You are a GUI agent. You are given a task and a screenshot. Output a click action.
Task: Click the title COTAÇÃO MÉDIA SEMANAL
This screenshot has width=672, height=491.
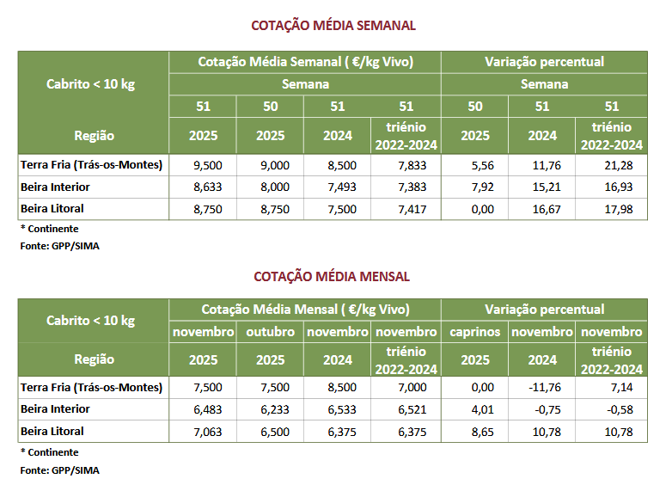coord(333,26)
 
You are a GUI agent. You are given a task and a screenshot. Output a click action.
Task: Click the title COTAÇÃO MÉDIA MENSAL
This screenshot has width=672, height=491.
coord(332,277)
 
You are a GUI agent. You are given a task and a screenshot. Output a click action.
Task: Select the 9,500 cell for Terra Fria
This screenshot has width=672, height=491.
coord(202,165)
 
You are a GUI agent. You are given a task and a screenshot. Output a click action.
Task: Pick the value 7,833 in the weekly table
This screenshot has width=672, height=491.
coord(406,165)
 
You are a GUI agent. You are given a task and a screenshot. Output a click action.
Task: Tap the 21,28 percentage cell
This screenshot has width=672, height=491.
coord(611,165)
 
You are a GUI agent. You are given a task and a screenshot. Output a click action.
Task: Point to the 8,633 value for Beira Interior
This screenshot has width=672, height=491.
coord(202,187)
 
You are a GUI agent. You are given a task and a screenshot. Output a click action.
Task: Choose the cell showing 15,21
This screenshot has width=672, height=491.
coord(542,187)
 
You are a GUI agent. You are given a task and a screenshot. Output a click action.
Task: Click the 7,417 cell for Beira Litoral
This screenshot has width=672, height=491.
coord(406,209)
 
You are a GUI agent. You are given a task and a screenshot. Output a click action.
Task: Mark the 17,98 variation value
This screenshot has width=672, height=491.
coord(611,209)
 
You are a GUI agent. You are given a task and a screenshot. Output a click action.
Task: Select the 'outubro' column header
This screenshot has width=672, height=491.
coord(270,332)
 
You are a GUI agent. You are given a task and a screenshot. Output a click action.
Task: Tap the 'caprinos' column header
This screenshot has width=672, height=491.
coord(474,332)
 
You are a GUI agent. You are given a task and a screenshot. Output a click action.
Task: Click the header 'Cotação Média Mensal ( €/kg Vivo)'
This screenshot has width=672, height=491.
coord(305,310)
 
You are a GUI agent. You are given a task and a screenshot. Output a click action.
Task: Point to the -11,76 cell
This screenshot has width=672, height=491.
coord(542,388)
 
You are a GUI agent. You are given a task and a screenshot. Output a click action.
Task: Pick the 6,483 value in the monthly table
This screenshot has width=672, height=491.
coord(202,410)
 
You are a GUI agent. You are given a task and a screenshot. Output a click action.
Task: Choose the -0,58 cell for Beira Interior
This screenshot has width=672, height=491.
coord(611,410)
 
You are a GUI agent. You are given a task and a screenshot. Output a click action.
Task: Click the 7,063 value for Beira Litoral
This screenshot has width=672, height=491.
coord(202,432)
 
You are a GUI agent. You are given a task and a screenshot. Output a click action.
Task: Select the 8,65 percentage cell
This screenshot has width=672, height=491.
coord(474,432)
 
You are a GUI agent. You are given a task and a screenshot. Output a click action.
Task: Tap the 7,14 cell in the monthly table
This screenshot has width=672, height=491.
coord(611,388)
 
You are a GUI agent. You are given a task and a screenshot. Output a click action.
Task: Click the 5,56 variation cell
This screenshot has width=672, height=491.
coord(474,165)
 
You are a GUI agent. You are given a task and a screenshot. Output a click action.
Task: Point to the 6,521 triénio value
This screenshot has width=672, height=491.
coord(406,410)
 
